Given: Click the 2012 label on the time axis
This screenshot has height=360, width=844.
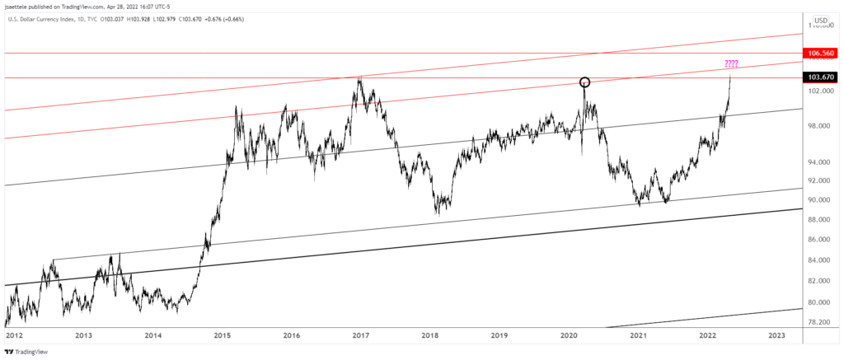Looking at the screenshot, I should pos(14,335).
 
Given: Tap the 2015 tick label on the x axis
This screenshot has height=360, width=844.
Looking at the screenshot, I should pos(222,335).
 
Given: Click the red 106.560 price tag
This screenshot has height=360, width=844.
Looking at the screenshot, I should pos(823,53).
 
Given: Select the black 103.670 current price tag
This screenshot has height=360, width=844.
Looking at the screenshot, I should pos(823,77).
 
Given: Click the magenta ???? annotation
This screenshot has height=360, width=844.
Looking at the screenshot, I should pos(732,63).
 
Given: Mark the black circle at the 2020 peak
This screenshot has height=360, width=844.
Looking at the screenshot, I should pos(584,82).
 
